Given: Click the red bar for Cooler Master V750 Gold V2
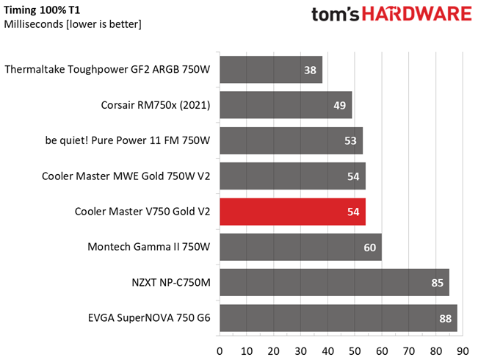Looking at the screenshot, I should pyautogui.click(x=292, y=212).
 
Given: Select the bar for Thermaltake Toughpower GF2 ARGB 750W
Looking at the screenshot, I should pyautogui.click(x=270, y=70).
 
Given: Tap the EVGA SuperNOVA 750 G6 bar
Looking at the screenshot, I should pyautogui.click(x=338, y=318).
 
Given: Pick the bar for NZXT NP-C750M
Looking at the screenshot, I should pyautogui.click(x=334, y=283).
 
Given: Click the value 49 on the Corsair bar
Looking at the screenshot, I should pyautogui.click(x=339, y=105).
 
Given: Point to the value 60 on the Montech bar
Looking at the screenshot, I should pyautogui.click(x=369, y=248).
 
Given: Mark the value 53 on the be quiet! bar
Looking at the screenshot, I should pyautogui.click(x=350, y=140).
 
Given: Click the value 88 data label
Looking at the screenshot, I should pyautogui.click(x=445, y=318).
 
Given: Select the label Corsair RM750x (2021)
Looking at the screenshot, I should pyautogui.click(x=156, y=105).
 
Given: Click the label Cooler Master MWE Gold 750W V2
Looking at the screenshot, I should pyautogui.click(x=126, y=176).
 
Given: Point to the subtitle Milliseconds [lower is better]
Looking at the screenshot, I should pyautogui.click(x=73, y=24).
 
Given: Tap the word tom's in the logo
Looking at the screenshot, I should pyautogui.click(x=338, y=15).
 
